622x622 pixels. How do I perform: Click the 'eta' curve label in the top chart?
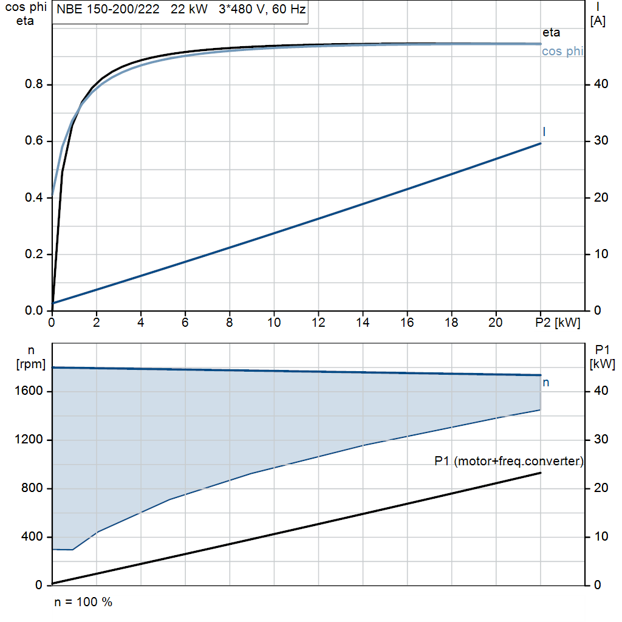[x=551, y=33]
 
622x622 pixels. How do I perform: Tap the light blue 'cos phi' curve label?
[x=562, y=51]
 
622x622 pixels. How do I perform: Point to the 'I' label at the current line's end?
[x=544, y=132]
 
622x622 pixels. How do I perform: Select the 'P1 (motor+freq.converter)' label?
[x=509, y=461]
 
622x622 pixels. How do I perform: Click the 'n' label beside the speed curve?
[x=546, y=383]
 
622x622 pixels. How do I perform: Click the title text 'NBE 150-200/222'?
[x=108, y=9]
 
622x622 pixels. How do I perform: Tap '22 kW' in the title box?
[x=189, y=9]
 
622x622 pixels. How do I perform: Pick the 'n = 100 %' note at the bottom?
[x=83, y=602]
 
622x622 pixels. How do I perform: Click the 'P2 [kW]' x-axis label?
[x=558, y=323]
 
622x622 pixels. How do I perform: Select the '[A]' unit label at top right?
[x=598, y=21]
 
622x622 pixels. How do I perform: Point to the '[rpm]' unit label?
[x=31, y=364]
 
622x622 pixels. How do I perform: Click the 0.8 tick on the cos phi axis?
[x=34, y=84]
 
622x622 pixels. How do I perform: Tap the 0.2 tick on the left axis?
[x=34, y=254]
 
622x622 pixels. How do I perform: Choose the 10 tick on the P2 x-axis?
[x=274, y=323]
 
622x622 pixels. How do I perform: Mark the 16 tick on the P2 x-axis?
[x=407, y=323]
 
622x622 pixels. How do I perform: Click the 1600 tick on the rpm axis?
[x=29, y=391]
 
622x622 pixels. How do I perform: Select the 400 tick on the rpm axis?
[x=32, y=537]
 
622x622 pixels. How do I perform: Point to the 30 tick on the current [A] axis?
[x=601, y=140]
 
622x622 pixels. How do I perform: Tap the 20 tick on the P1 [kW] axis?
[x=601, y=488]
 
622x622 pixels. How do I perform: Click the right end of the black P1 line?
[x=540, y=473]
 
